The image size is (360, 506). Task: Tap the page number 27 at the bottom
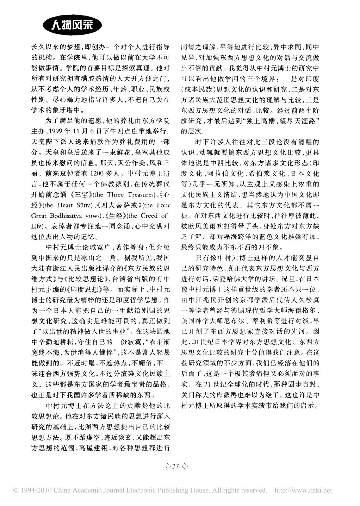pyautogui.click(x=175, y=466)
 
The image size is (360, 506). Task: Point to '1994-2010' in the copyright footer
pyautogui.click(x=28, y=490)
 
